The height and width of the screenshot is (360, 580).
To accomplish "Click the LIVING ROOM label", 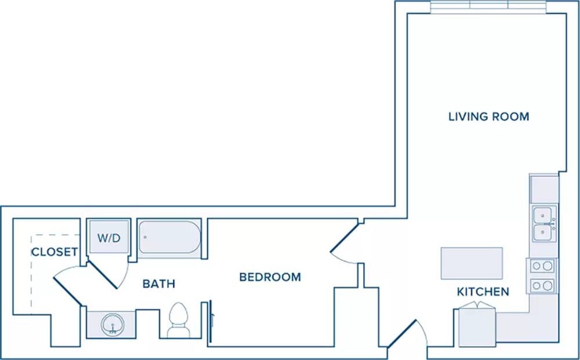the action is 488,117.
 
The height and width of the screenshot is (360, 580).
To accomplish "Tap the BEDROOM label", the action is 270,277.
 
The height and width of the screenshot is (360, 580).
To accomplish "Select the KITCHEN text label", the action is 483,292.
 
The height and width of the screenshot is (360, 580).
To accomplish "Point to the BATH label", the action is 159,283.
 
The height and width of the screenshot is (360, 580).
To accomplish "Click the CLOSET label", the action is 55,252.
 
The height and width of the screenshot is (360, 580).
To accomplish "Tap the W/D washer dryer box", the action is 109,237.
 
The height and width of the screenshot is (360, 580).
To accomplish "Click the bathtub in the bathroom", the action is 170,237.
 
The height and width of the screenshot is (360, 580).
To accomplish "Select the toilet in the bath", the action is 178,320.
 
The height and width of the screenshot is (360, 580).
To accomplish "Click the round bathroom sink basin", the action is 113,325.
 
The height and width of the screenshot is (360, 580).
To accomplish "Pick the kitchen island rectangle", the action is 472,263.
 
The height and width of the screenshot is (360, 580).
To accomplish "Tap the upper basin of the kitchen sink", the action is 543,214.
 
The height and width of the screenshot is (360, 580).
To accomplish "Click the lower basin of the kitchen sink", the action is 543,232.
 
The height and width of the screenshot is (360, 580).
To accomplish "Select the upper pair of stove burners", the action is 542,266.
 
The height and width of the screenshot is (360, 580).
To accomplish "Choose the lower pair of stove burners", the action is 542,285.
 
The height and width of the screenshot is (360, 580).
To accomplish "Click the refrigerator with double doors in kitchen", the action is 477,325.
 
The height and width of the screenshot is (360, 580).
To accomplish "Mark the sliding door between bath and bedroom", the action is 210,321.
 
